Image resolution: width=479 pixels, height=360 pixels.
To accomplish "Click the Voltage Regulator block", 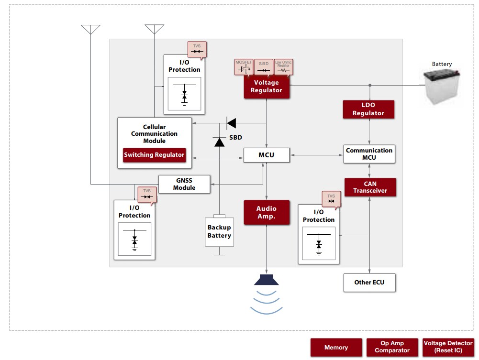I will [x=267, y=87].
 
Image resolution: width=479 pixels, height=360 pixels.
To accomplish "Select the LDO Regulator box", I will [x=368, y=109].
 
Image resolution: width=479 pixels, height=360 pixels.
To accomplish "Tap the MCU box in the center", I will [x=267, y=155].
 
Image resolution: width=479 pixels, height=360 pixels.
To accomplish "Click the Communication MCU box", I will [x=369, y=153].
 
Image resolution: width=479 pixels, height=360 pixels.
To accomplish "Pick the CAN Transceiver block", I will [x=370, y=187].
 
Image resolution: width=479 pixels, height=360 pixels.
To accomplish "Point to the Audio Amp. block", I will [x=267, y=212].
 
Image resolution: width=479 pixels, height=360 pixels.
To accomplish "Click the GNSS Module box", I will [x=184, y=184].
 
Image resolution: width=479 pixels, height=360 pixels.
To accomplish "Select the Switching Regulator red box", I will [x=154, y=155].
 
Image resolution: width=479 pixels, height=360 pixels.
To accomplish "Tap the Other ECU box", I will [x=369, y=282].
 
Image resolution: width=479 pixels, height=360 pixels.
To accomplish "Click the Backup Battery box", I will [x=220, y=232].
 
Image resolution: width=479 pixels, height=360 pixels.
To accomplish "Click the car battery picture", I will [x=442, y=86].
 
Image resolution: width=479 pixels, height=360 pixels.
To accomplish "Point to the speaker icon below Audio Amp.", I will [x=267, y=280].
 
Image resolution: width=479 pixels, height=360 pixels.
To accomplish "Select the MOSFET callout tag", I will [x=243, y=67].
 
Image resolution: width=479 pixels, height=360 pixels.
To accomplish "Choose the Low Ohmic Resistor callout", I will [x=283, y=67].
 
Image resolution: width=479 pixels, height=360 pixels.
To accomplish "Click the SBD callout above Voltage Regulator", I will [x=264, y=67].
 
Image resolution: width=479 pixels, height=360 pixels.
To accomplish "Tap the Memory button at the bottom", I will [x=336, y=348].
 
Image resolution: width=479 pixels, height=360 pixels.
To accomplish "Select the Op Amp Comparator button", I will [x=392, y=347].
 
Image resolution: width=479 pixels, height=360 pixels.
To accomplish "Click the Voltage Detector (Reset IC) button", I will [x=448, y=347].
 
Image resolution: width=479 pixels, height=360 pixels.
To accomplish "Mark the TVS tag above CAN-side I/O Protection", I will [x=331, y=199].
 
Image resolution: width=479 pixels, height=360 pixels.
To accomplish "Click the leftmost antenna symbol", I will [x=90, y=29].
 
